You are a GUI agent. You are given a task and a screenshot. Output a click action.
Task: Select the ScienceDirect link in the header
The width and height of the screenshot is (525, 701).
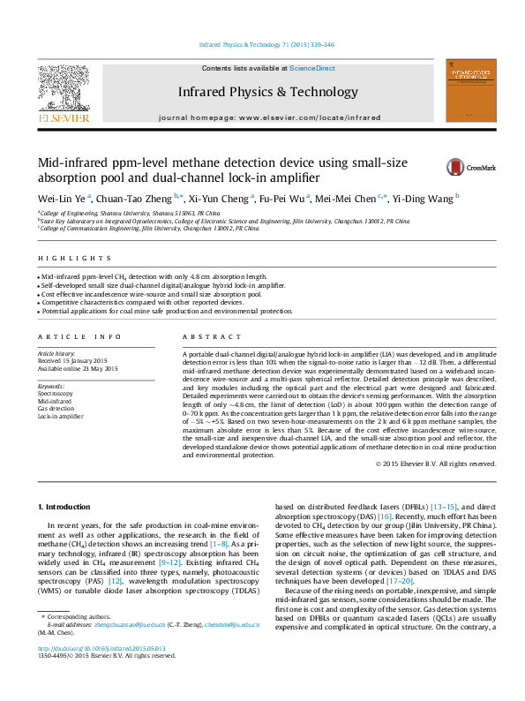pos(311,68)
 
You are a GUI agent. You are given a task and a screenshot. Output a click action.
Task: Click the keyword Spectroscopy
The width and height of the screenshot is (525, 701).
pos(55,394)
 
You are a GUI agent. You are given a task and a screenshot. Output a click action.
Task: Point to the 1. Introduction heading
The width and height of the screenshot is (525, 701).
pos(66,507)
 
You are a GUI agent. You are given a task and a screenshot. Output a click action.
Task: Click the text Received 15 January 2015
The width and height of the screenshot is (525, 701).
pos(72,360)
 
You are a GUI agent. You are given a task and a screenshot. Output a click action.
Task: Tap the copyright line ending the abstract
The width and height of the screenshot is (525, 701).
pos(424,464)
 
